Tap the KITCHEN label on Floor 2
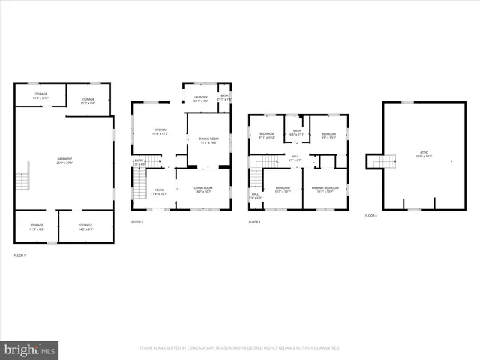click(160, 131)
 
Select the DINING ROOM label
click(208, 140)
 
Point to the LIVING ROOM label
click(203, 189)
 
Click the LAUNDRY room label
click(199, 97)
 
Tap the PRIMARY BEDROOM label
click(326, 189)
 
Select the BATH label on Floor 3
click(297, 133)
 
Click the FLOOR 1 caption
click(19, 255)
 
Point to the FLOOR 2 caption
click(137, 223)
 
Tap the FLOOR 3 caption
click(255, 223)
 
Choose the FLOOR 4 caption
click(371, 215)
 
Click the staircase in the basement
click(21, 181)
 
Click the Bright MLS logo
click(30, 349)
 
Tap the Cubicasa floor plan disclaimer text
click(240, 348)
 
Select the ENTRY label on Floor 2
click(139, 162)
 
